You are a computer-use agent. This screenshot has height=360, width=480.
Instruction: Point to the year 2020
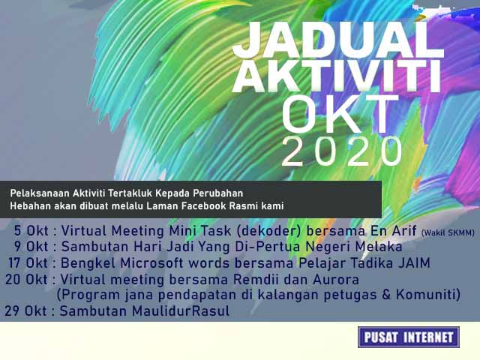tap(343, 153)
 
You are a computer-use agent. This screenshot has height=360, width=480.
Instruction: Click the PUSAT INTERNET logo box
tap(409, 337)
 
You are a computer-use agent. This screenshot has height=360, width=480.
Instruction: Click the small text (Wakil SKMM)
tap(448, 232)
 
